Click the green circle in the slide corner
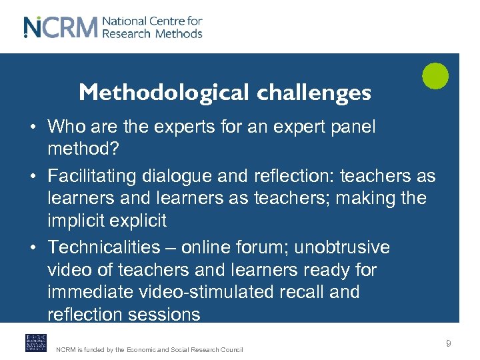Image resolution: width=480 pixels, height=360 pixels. click(435, 75)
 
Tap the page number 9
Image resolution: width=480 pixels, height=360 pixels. click(449, 343)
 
